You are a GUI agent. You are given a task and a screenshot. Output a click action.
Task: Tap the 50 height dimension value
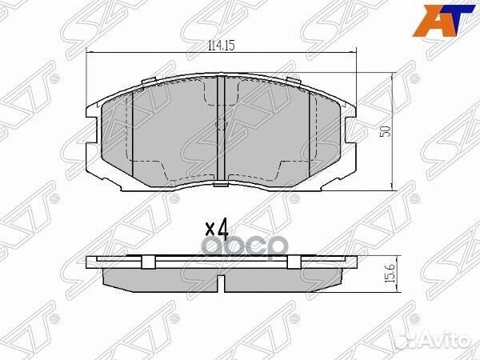click(x=385, y=131)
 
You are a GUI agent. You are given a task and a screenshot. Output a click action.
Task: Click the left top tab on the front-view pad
click(x=146, y=82)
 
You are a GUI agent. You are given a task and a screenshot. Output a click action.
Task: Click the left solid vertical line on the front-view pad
click(x=131, y=132)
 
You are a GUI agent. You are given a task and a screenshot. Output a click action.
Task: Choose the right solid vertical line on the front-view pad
click(x=309, y=132)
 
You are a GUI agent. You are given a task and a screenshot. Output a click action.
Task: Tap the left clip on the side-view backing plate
click(x=153, y=262)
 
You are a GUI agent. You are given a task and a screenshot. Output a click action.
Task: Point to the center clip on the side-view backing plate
click(x=220, y=262)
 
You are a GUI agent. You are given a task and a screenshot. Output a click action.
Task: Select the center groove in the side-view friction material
click(x=220, y=281)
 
